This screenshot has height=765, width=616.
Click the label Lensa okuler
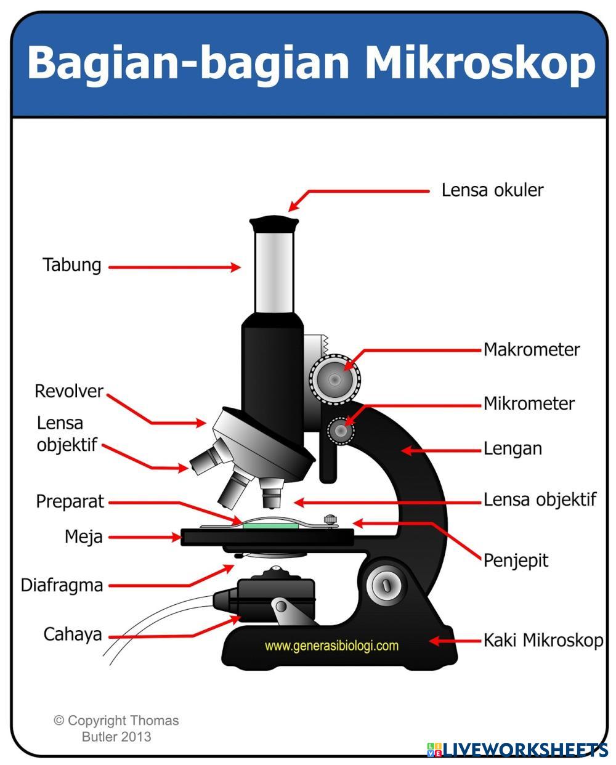(x=492, y=190)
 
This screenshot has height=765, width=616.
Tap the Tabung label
(x=71, y=265)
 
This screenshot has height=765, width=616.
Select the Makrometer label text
(x=531, y=349)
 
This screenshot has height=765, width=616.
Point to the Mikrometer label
(x=529, y=403)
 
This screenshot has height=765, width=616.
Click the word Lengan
(x=513, y=448)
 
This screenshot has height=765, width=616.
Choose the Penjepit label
(x=516, y=561)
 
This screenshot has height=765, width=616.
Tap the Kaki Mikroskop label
(x=543, y=640)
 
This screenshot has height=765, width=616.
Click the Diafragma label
(x=62, y=585)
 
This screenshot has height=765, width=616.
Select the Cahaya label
(x=72, y=634)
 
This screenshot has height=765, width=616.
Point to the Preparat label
(x=70, y=501)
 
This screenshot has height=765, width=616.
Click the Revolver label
(x=68, y=391)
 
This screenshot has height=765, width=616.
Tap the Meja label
(x=83, y=536)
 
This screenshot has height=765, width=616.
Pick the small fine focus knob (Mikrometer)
(x=341, y=431)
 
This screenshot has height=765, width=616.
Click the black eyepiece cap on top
(x=274, y=222)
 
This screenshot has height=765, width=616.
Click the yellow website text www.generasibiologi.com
(x=331, y=646)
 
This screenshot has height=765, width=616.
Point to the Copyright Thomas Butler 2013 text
(x=116, y=728)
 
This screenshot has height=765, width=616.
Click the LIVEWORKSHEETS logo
(x=517, y=749)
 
